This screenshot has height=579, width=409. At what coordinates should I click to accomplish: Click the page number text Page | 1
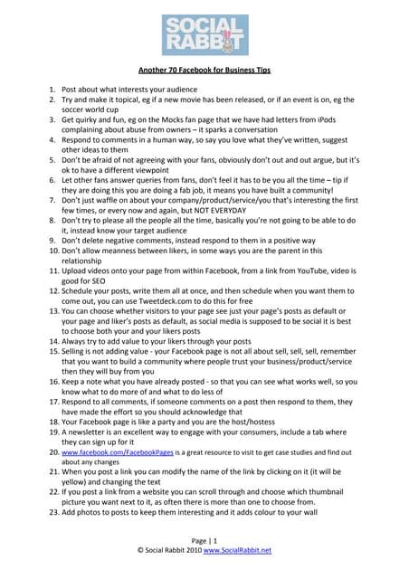pyautogui.click(x=204, y=538)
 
